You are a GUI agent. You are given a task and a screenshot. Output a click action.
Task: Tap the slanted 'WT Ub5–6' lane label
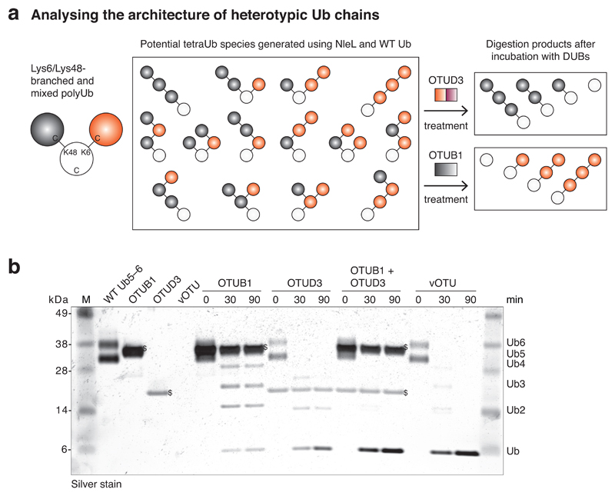tap(111, 292)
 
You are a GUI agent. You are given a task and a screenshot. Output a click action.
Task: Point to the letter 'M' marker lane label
tap(87, 298)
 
